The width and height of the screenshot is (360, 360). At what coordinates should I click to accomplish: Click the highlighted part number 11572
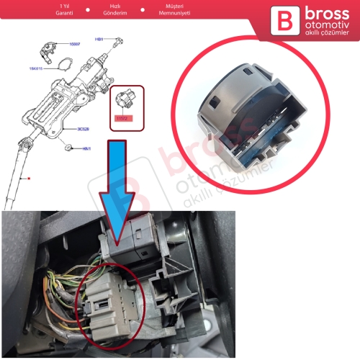pyautogui.click(x=119, y=117)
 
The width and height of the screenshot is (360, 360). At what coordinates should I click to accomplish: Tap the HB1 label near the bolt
pyautogui.click(x=99, y=39)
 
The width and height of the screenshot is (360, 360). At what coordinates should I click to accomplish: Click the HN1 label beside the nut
pyautogui.click(x=86, y=148)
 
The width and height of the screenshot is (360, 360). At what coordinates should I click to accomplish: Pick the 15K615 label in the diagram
pyautogui.click(x=37, y=69)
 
